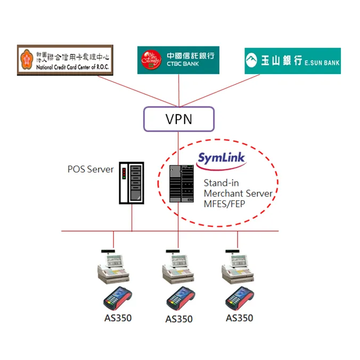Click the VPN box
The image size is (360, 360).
click(178, 119)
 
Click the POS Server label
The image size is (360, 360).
click(91, 169)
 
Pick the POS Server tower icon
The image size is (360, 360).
click(131, 182)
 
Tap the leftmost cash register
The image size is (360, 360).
click(113, 267)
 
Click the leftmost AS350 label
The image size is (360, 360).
click(118, 318)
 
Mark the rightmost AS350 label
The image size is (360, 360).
click(240, 318)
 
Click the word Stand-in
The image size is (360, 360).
click(220, 183)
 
